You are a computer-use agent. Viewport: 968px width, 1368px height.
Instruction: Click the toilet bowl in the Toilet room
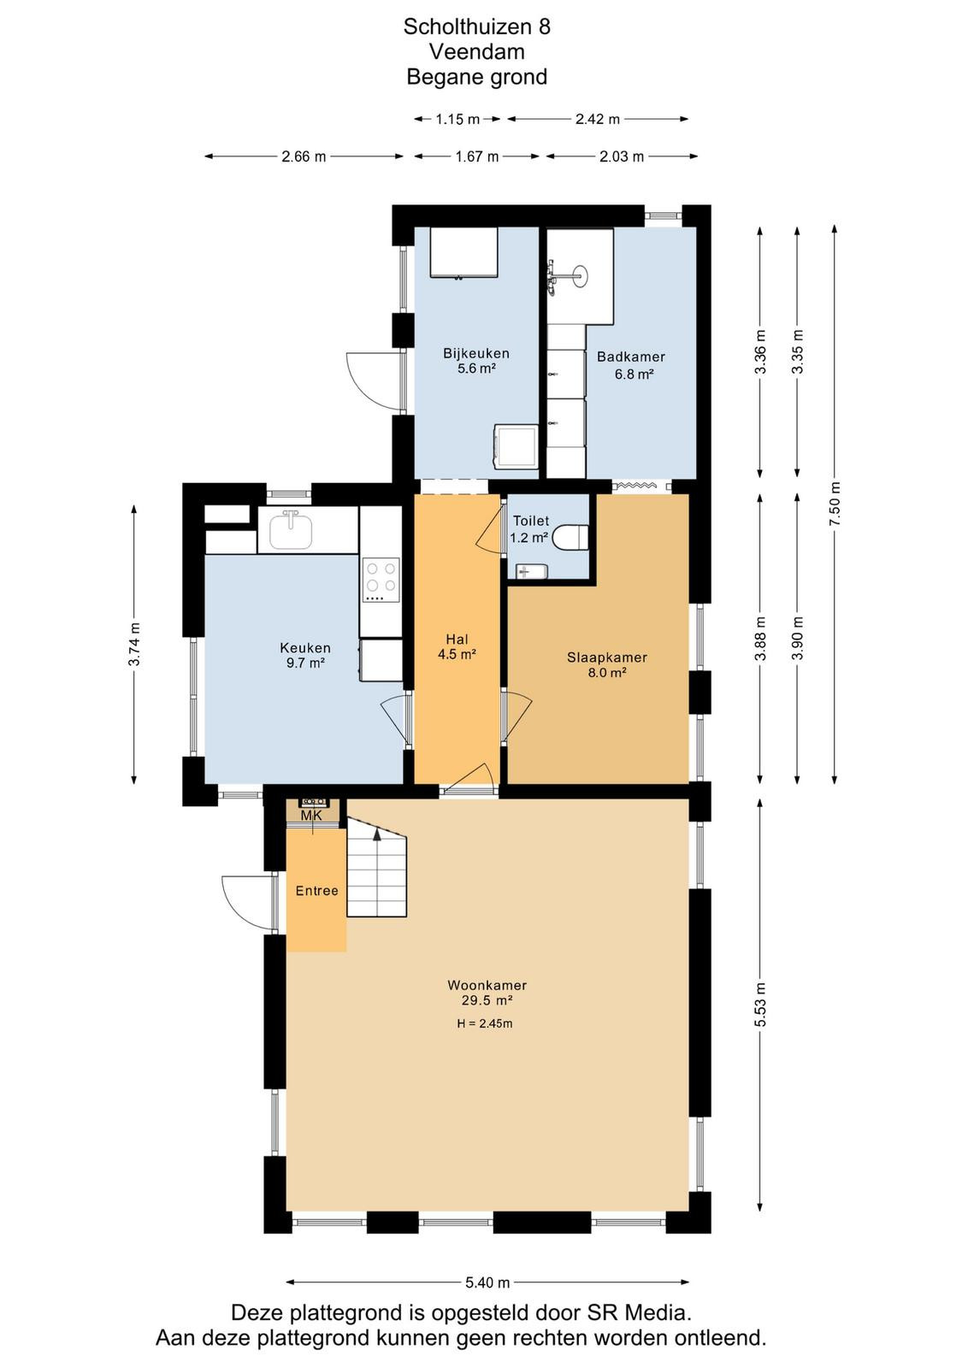pyautogui.click(x=570, y=538)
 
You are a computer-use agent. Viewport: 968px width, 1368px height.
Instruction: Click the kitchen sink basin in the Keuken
pyautogui.click(x=292, y=530)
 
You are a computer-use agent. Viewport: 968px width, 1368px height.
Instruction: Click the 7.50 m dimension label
pyautogui.click(x=835, y=504)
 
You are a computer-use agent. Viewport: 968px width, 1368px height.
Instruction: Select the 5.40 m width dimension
pyautogui.click(x=487, y=1282)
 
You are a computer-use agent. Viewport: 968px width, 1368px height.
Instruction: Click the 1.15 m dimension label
pyautogui.click(x=457, y=119)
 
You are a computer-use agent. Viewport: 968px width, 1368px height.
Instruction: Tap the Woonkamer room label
pyautogui.click(x=487, y=984)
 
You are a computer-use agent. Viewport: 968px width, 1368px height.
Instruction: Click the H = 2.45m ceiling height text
pyautogui.click(x=484, y=1023)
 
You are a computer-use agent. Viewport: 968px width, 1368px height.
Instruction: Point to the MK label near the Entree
pyautogui.click(x=311, y=816)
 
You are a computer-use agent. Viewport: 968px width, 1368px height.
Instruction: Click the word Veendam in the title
pyautogui.click(x=477, y=52)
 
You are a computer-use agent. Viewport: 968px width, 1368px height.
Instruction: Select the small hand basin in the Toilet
pyautogui.click(x=531, y=572)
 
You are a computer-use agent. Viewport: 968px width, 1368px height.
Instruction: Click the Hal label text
pyautogui.click(x=457, y=639)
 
